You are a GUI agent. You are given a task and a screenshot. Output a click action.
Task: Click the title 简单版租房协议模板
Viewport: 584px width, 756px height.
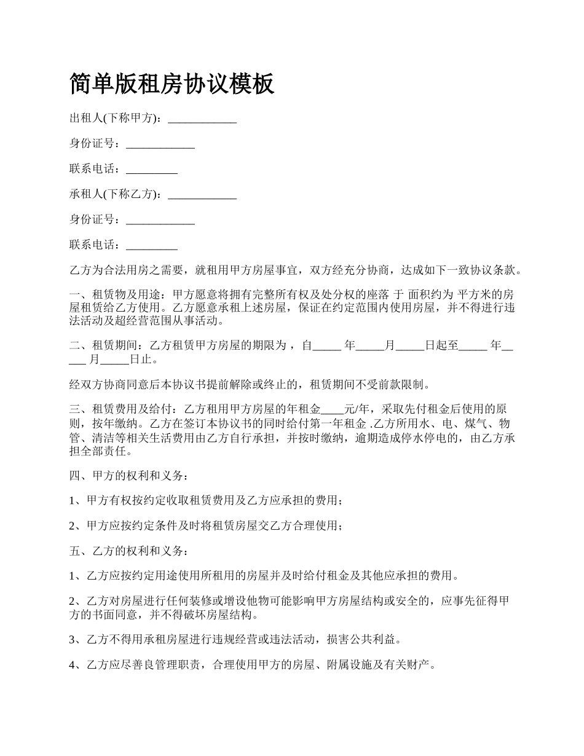click(x=172, y=84)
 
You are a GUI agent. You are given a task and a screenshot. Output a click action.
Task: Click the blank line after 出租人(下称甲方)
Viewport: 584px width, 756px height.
click(x=202, y=119)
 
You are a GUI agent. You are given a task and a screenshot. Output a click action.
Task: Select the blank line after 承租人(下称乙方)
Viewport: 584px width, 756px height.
click(x=202, y=195)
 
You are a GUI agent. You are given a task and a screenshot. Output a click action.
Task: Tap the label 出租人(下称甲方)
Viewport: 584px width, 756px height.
click(x=115, y=118)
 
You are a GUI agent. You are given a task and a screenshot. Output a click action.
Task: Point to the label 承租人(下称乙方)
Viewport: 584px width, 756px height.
click(x=115, y=194)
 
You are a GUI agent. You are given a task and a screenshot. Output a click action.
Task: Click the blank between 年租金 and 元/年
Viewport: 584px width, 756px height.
click(x=333, y=409)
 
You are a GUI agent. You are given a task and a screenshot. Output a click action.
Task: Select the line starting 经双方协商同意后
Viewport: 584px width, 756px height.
click(x=250, y=385)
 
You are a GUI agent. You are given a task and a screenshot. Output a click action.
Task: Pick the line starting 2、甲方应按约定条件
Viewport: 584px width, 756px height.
click(x=206, y=526)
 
